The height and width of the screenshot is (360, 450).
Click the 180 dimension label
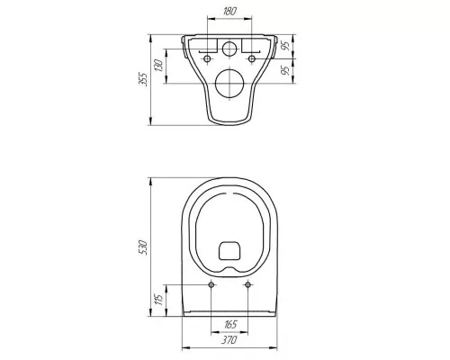[x=230, y=11]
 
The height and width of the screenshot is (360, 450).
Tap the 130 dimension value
[x=158, y=66]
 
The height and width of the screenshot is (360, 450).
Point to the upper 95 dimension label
[x=286, y=45]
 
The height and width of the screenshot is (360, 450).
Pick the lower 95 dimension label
[x=286, y=70]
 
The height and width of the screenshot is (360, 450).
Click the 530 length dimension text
[x=143, y=247]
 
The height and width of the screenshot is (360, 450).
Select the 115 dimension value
[x=158, y=299]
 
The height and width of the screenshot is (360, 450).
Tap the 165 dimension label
[x=230, y=324]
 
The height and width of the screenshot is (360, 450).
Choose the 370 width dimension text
[x=229, y=340]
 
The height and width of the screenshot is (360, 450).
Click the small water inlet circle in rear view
[x=229, y=49]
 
